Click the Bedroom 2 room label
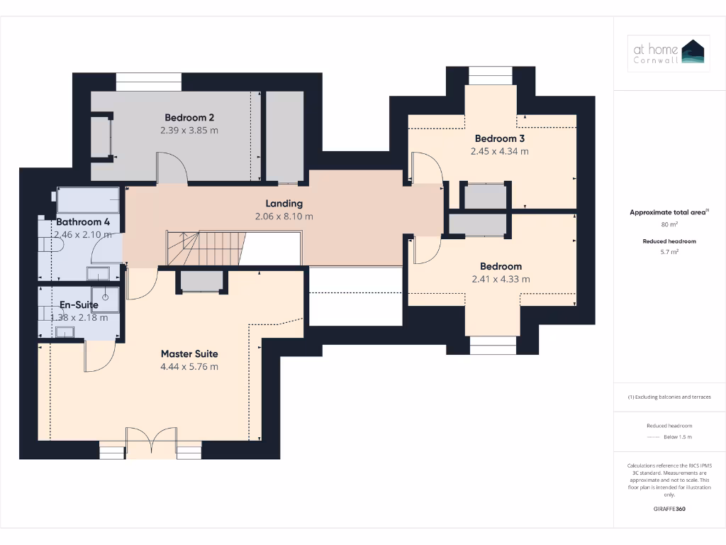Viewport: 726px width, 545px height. coord(189,118)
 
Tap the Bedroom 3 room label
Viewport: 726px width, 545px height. coord(499,138)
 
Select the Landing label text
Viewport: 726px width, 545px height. coord(284,204)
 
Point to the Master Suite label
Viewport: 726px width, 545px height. coord(189,353)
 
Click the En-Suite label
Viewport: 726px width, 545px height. coord(78,305)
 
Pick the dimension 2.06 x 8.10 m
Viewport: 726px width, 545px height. coord(284,216)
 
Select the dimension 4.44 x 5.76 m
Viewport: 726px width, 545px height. coord(189,367)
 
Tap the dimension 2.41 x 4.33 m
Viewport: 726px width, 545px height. coord(501,280)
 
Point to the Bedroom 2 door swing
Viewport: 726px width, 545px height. coord(172,169)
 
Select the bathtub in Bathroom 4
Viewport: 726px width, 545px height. coord(89,199)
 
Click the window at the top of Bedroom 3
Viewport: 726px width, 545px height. coord(490,75)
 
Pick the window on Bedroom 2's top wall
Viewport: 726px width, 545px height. coord(148,82)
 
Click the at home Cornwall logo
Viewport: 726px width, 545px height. coord(669,54)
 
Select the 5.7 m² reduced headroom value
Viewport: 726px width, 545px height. coord(669,252)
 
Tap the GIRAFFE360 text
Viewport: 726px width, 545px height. coord(669,509)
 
